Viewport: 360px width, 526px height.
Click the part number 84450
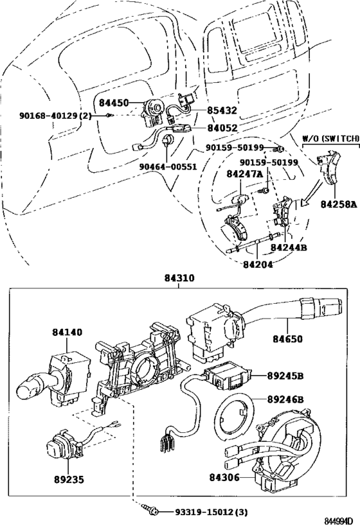click(114, 103)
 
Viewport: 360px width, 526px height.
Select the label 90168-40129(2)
click(55, 116)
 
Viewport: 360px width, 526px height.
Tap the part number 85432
click(222, 110)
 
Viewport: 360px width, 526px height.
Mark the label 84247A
click(244, 174)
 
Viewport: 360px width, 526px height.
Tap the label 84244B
click(288, 247)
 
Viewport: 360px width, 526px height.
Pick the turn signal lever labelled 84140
click(58, 373)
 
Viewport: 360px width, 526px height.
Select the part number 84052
click(222, 128)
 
